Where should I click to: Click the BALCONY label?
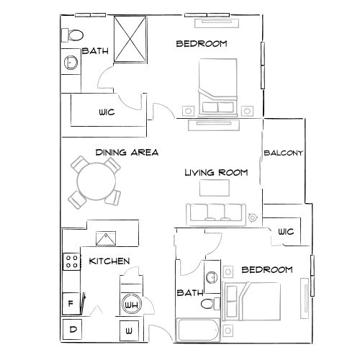283,153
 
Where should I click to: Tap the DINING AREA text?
127,153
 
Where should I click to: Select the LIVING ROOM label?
216,173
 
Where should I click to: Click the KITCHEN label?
109,261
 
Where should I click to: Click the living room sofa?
215,213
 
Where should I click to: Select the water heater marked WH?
131,305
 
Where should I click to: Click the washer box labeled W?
129,330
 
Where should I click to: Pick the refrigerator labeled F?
71,303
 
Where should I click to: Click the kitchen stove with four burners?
71,261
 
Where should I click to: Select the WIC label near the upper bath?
107,112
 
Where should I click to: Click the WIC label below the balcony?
286,232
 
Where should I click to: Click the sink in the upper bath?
71,62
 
